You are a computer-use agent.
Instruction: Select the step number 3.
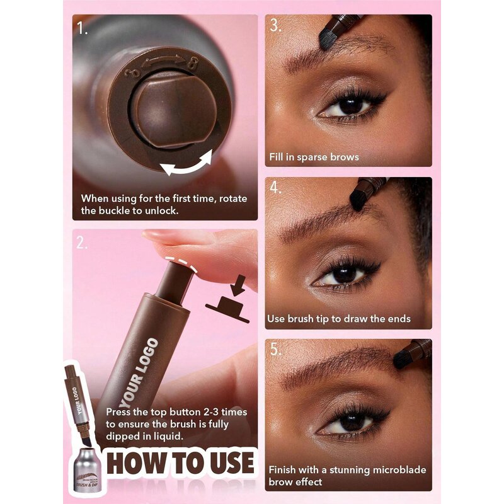(x=275, y=26)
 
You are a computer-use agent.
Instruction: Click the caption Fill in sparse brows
(x=312, y=157)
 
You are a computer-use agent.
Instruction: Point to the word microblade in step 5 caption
(x=389, y=469)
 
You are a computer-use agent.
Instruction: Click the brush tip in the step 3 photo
(x=328, y=37)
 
